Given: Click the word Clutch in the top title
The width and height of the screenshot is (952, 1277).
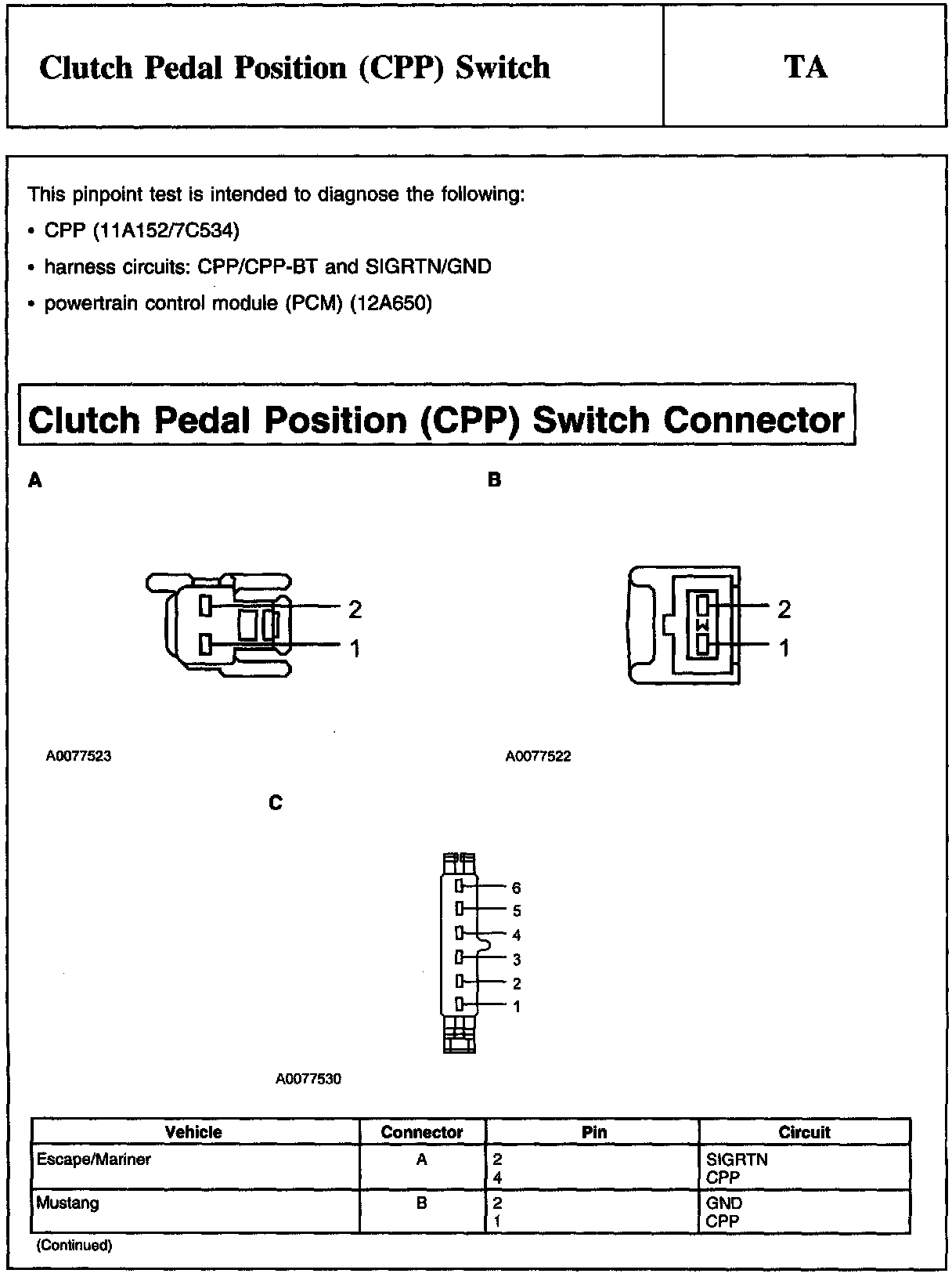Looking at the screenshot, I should click(86, 67).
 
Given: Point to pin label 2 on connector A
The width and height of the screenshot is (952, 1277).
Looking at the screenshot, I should click(355, 609).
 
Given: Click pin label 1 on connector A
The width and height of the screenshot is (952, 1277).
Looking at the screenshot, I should click(355, 648).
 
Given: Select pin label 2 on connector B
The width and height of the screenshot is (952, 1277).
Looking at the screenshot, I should click(784, 609).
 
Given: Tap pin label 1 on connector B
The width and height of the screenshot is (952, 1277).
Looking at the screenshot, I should click(784, 648).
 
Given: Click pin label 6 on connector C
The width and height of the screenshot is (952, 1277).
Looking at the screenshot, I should click(516, 888).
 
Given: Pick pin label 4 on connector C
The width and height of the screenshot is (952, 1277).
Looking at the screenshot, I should click(516, 935).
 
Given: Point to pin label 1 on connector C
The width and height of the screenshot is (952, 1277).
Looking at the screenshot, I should click(516, 1007).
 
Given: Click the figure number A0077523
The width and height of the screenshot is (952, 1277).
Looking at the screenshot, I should click(78, 756).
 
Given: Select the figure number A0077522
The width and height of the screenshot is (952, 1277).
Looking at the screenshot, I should click(538, 756).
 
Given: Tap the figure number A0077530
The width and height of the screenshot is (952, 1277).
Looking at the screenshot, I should click(308, 1079).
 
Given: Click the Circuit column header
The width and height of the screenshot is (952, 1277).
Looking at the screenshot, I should click(804, 1132).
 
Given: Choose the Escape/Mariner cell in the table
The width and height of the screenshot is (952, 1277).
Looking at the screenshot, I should click(94, 1159).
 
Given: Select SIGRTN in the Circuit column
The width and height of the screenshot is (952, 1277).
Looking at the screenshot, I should click(737, 1159).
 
